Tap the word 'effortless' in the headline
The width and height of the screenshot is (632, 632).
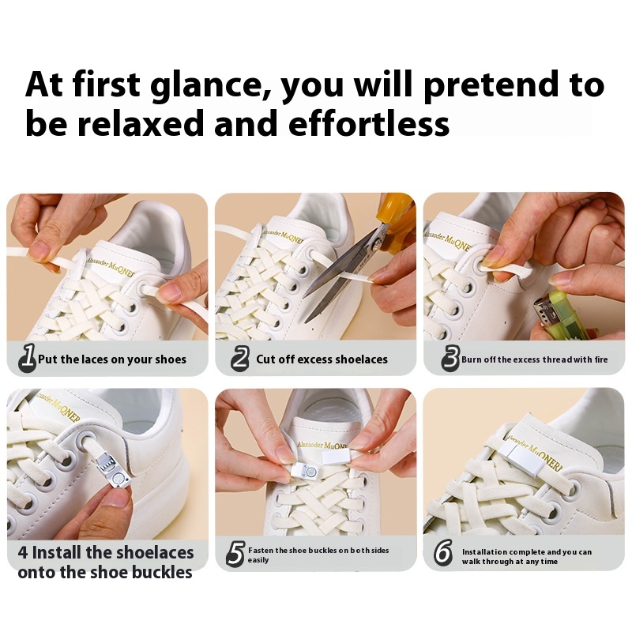369,123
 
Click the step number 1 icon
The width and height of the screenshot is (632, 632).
28,357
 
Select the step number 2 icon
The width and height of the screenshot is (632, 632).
240,359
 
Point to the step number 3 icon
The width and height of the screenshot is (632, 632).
450,358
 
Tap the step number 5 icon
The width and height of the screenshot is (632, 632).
235,554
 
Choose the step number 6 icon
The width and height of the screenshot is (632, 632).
443,552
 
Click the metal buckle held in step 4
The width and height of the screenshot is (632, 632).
114,471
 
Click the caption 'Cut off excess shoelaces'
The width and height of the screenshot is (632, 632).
322,359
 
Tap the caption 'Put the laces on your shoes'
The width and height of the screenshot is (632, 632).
112,359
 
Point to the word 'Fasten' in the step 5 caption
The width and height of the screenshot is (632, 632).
261,550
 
